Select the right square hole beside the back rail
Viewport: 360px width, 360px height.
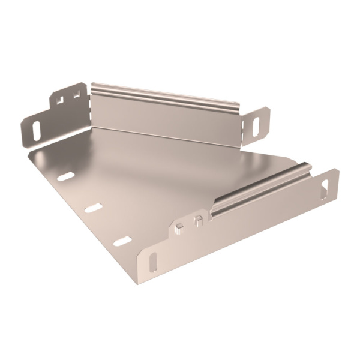pos(76,94)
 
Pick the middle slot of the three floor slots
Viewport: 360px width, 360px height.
pos(94,208)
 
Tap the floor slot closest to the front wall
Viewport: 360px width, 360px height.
pos(122,241)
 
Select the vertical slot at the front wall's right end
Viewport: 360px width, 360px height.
pos(327,184)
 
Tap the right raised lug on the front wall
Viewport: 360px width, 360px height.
pos(197,219)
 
